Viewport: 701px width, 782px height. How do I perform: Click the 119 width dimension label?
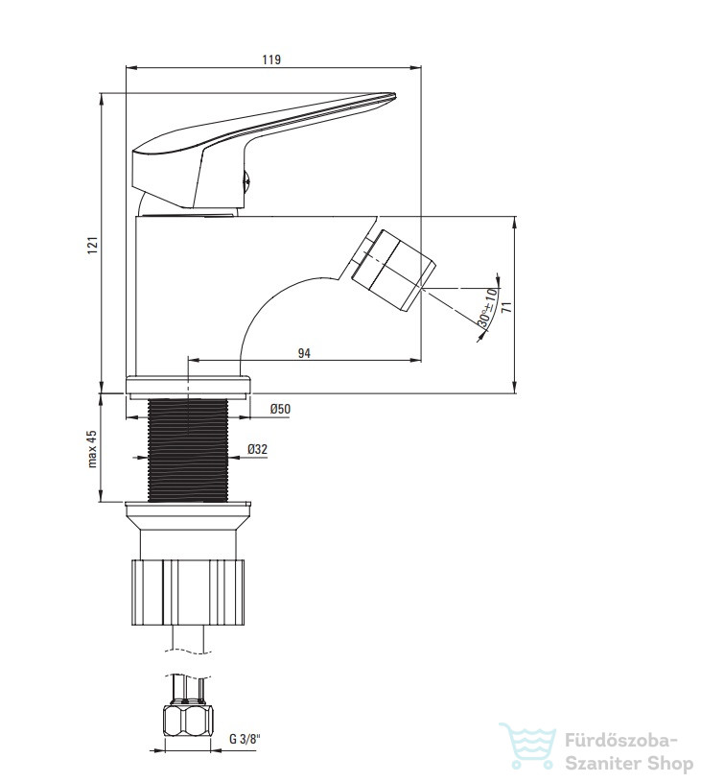point(271,59)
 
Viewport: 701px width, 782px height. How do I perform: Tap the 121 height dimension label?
point(93,246)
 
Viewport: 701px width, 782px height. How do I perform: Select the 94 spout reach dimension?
point(304,353)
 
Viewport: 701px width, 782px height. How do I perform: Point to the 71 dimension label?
point(507,307)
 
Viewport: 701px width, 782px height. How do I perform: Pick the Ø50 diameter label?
point(280,409)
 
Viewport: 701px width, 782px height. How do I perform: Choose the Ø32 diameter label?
point(257,449)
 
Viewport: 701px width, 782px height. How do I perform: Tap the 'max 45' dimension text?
point(93,449)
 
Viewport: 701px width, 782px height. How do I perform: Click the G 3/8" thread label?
point(245,739)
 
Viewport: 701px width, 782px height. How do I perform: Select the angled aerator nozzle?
point(392,270)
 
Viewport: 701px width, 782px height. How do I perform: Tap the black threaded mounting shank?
point(188,450)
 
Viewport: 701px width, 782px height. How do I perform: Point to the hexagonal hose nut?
point(188,721)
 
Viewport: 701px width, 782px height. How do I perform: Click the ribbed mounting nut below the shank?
point(188,592)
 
